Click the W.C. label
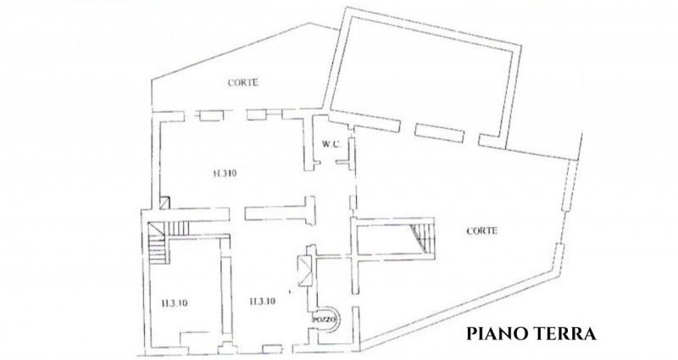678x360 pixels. (330, 144)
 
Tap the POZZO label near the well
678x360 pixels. (325, 318)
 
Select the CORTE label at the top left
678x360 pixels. (242, 83)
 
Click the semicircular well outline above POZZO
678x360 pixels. (325, 304)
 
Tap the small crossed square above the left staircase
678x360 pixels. (164, 203)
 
